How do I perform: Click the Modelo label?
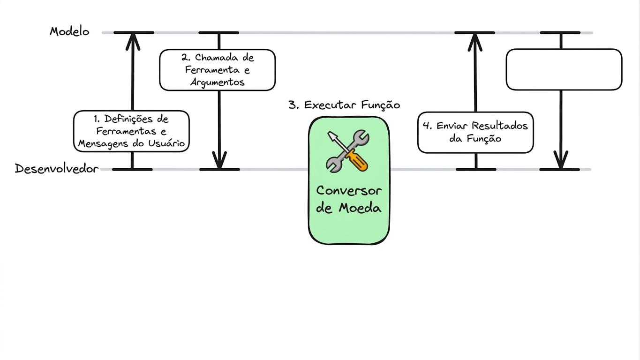69,31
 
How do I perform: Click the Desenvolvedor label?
57,169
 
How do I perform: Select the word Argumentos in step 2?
218,82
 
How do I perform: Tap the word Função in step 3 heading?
381,105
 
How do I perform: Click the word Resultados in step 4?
500,126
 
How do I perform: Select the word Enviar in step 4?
452,126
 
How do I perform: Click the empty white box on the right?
564,69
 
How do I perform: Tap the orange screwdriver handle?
356,161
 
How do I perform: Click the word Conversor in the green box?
349,191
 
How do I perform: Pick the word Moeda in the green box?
360,208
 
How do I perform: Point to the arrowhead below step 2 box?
219,160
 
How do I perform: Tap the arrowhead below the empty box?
561,160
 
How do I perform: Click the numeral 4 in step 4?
427,126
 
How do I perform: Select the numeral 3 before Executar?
293,105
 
